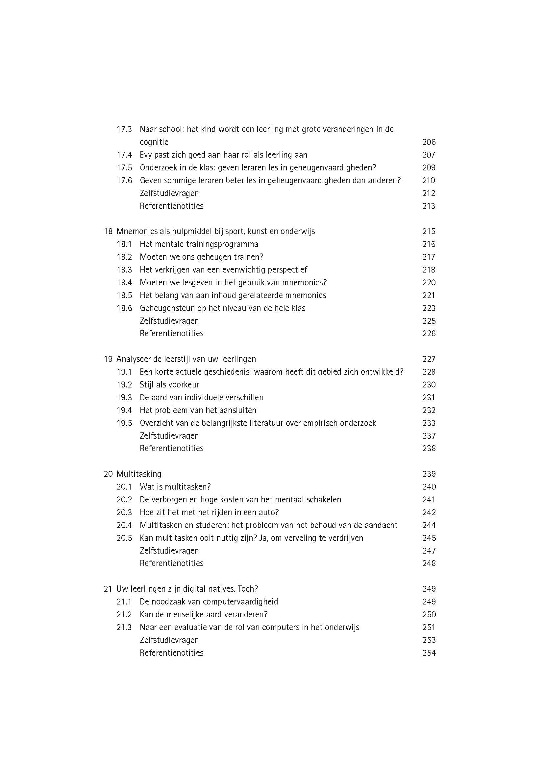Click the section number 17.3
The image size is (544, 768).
click(x=124, y=129)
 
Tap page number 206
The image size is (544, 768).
click(x=429, y=142)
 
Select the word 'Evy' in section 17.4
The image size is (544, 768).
click(x=146, y=155)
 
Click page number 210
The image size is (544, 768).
click(x=429, y=181)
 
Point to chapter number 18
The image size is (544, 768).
click(x=108, y=231)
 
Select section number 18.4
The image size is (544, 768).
click(x=124, y=283)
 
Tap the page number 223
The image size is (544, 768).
click(x=429, y=308)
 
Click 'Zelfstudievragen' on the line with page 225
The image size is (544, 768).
click(x=169, y=321)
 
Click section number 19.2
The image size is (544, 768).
click(x=124, y=385)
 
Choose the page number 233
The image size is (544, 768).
click(x=429, y=423)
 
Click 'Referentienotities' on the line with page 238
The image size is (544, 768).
click(x=171, y=448)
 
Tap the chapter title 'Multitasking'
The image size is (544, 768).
click(x=139, y=474)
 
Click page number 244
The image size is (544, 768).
click(x=429, y=525)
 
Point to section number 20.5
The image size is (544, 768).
click(x=124, y=538)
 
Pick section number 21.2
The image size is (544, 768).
click(x=124, y=614)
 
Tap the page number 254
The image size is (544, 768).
click(x=429, y=653)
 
